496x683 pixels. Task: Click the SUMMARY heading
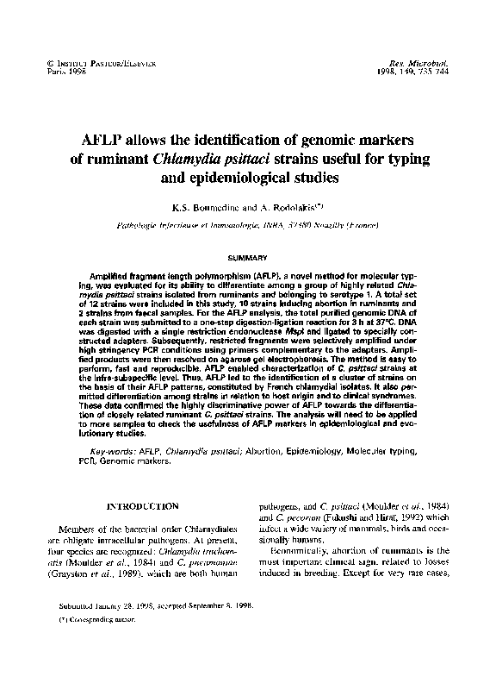pyautogui.click(x=247, y=257)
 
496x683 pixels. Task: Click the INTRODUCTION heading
pyautogui.click(x=142, y=505)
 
